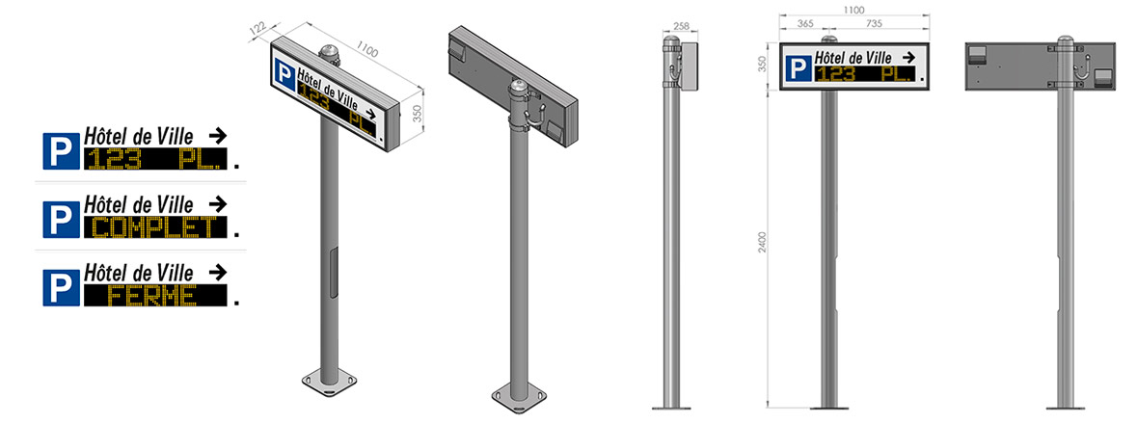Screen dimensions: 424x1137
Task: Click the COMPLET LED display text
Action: coord(156,227)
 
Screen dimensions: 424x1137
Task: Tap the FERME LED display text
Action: coord(156,296)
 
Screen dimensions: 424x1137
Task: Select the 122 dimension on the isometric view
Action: coord(257,30)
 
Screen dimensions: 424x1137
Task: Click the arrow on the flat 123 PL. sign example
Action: coord(217,136)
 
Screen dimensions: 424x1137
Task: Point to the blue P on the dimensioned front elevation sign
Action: coord(796,68)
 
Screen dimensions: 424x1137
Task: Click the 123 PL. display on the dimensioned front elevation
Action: coord(864,73)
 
